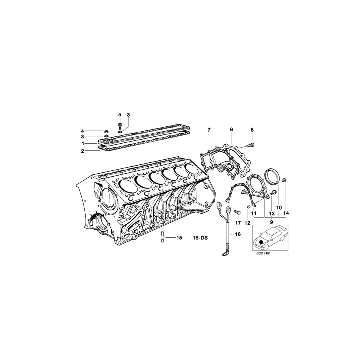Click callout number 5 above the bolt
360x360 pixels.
(119, 115)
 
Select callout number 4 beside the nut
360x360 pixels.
(82, 131)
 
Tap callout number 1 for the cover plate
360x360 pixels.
(82, 143)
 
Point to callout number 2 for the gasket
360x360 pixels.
(82, 151)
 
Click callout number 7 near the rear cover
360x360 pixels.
(208, 130)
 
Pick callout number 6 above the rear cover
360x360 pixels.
(231, 130)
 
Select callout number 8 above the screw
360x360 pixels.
(252, 130)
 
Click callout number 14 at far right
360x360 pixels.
(286, 213)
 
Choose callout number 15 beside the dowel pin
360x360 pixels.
(179, 238)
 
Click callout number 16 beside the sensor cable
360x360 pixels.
(238, 235)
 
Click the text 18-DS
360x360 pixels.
(201, 238)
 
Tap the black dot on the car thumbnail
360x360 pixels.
(262, 242)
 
